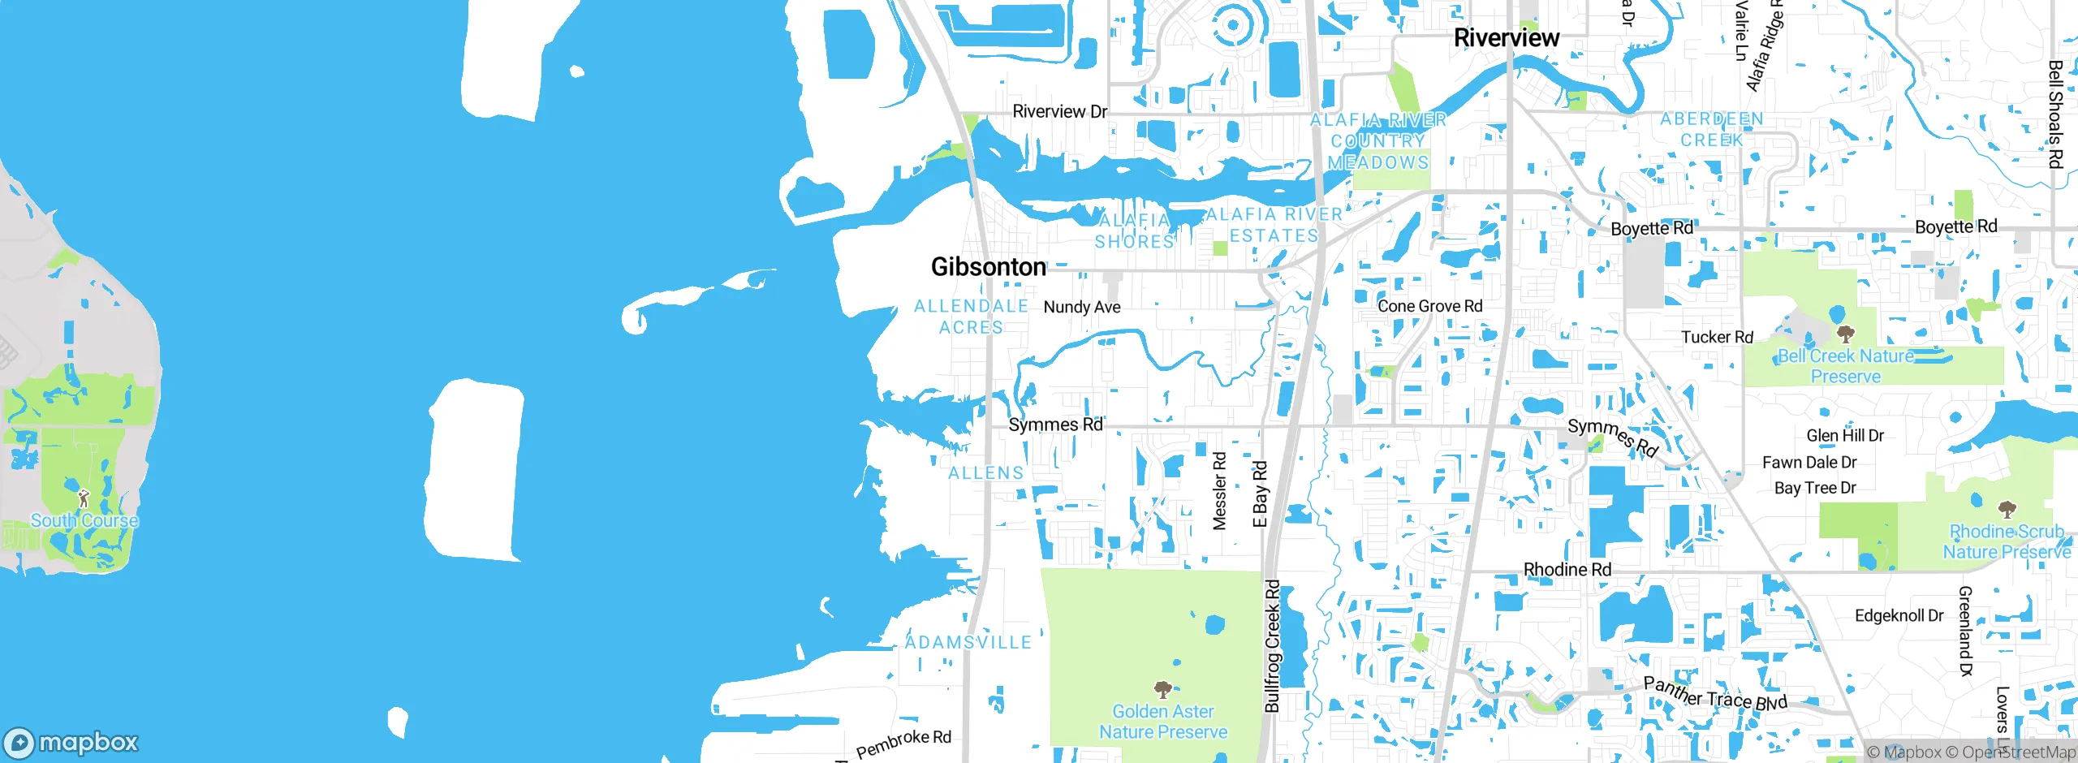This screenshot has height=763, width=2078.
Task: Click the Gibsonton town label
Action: pyautogui.click(x=988, y=267)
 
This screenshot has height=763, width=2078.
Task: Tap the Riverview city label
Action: pyautogui.click(x=1506, y=37)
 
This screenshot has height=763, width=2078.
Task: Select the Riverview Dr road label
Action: pyautogui.click(x=1059, y=111)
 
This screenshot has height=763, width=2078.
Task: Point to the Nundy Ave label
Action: pyautogui.click(x=1081, y=307)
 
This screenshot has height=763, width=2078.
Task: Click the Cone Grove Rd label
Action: pyautogui.click(x=1429, y=306)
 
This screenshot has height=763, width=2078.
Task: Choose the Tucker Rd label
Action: pyautogui.click(x=1717, y=337)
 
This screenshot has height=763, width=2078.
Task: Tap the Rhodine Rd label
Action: pyautogui.click(x=1567, y=570)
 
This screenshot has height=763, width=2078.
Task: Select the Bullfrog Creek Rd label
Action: pyautogui.click(x=1272, y=645)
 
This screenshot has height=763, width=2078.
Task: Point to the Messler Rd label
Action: pyautogui.click(x=1219, y=491)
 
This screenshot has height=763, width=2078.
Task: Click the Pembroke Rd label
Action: pyautogui.click(x=903, y=743)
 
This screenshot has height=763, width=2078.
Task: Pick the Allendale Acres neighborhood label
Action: pyautogui.click(x=972, y=317)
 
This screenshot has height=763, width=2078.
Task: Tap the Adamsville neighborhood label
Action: pyautogui.click(x=968, y=642)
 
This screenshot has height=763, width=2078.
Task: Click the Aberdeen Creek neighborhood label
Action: pyautogui.click(x=1711, y=129)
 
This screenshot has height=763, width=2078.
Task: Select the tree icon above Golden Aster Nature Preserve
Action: pyautogui.click(x=1162, y=690)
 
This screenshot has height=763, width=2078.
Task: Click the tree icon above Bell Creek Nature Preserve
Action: pyautogui.click(x=1845, y=334)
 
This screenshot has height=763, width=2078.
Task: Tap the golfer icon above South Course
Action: pyautogui.click(x=83, y=497)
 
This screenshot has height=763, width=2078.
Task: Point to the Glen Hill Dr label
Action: pyautogui.click(x=1844, y=436)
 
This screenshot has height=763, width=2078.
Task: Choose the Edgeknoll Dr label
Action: pyautogui.click(x=1899, y=615)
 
